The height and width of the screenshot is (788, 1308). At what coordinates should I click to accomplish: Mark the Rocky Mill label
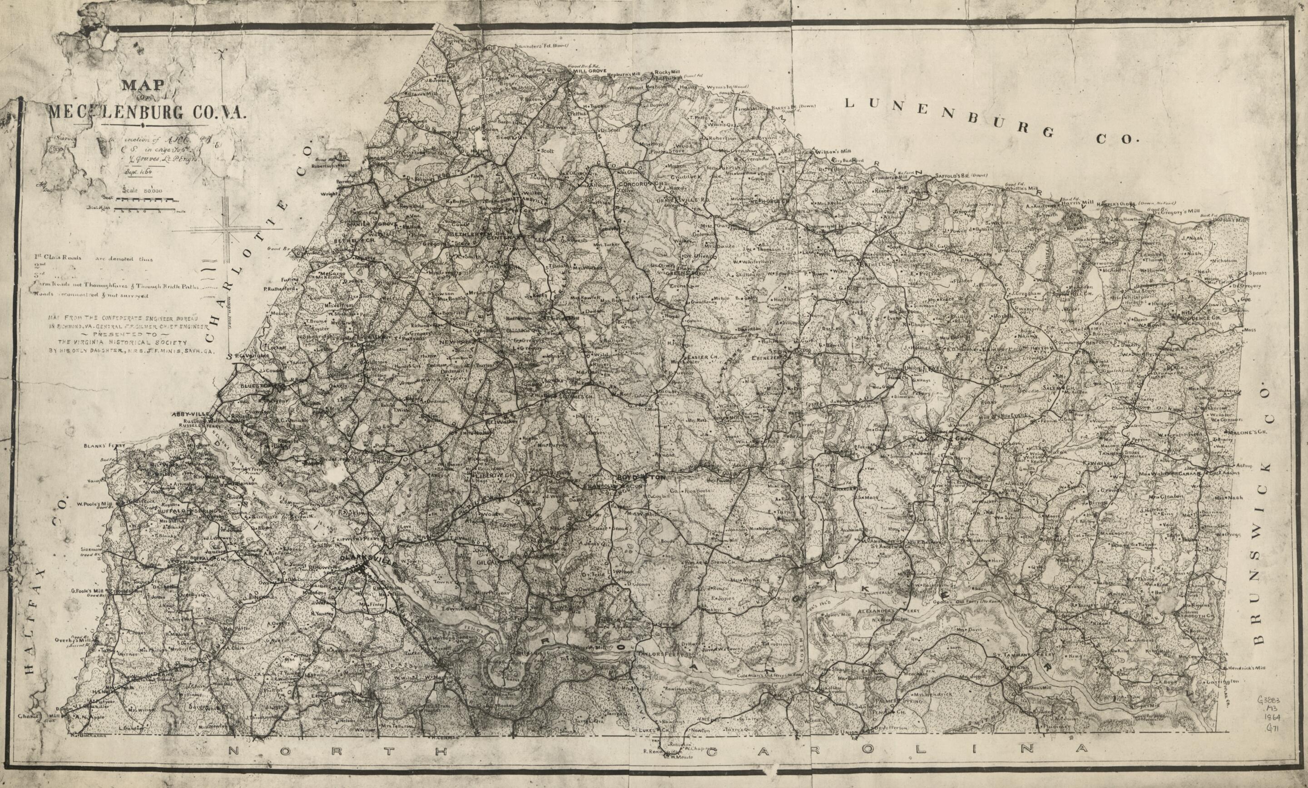pyautogui.click(x=667, y=72)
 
